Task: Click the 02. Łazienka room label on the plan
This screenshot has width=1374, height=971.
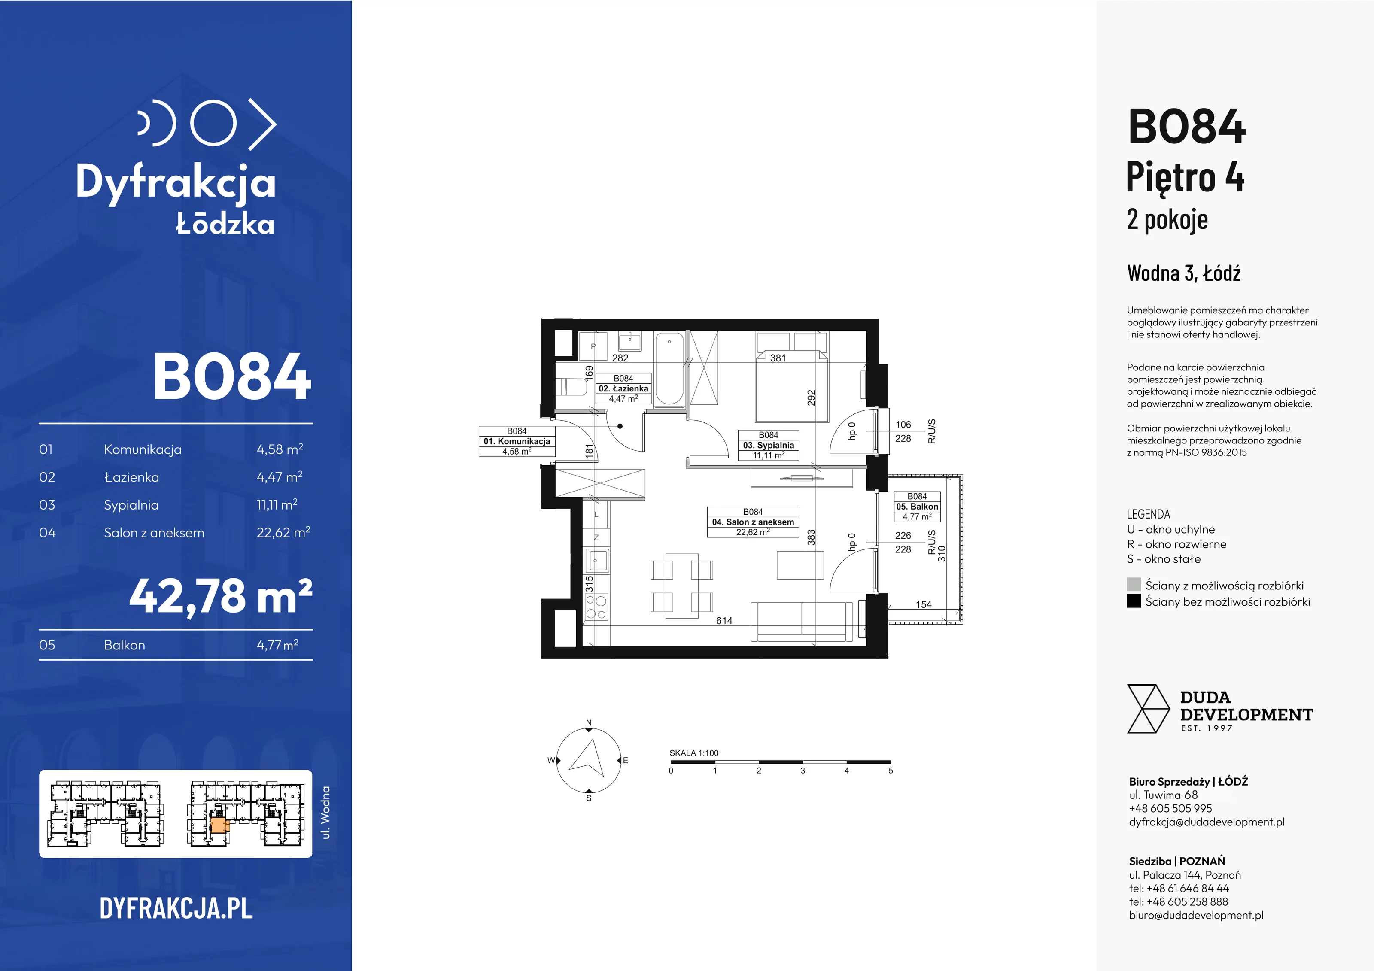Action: click(x=623, y=388)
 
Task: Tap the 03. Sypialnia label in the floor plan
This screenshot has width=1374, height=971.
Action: click(x=769, y=445)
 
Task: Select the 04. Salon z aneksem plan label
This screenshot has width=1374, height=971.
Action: click(x=753, y=522)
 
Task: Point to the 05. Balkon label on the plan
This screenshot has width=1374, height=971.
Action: click(x=917, y=506)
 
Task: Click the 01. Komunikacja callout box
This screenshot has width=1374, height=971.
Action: click(x=517, y=441)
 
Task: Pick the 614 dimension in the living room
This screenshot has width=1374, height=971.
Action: click(x=724, y=620)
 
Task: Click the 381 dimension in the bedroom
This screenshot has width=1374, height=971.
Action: click(x=778, y=358)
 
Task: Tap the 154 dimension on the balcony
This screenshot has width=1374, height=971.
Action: click(x=924, y=604)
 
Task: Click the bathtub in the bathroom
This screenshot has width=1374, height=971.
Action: click(x=669, y=369)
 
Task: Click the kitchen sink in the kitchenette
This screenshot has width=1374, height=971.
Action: click(x=597, y=561)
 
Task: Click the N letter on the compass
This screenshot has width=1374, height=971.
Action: click(x=589, y=723)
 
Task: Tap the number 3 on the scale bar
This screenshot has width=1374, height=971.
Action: click(x=803, y=771)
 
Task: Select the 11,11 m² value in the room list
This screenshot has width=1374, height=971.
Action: click(x=277, y=504)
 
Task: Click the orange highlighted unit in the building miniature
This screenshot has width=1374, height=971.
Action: click(x=219, y=827)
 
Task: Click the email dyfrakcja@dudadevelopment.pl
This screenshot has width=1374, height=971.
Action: click(x=1207, y=822)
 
